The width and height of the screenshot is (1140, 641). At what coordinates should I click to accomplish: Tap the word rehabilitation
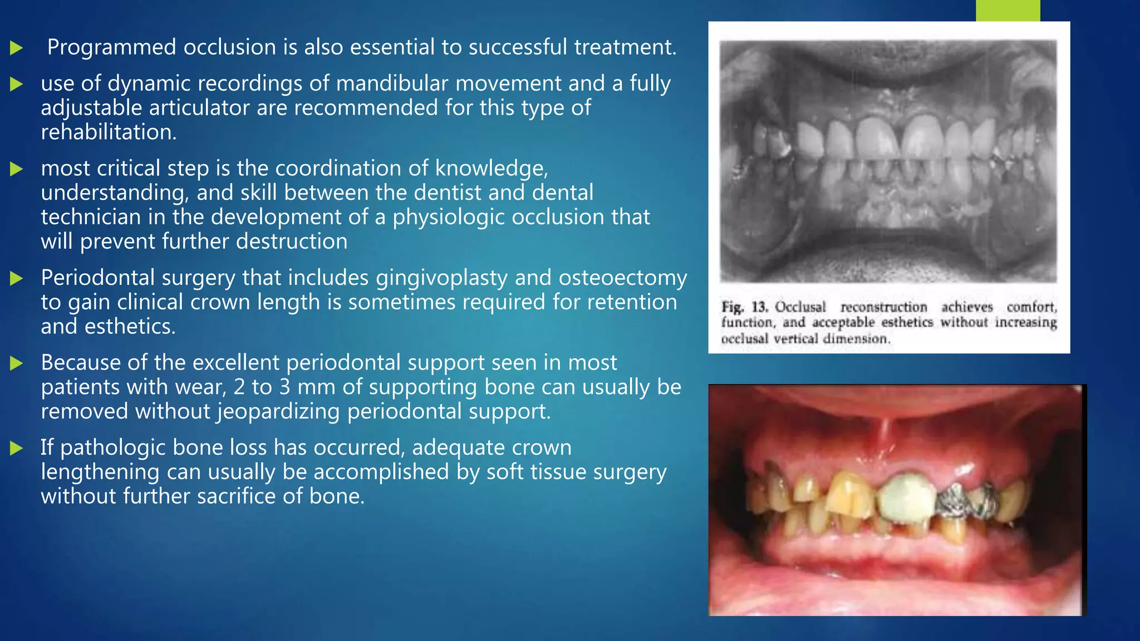point(108,132)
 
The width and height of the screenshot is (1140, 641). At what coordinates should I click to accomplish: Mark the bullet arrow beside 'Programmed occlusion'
point(16,48)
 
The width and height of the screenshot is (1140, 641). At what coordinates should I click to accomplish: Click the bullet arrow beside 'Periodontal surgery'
point(16,278)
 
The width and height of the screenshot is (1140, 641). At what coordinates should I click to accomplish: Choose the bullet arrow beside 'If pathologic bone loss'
point(16,448)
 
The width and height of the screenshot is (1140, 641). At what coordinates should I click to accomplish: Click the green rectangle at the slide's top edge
point(1008,10)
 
